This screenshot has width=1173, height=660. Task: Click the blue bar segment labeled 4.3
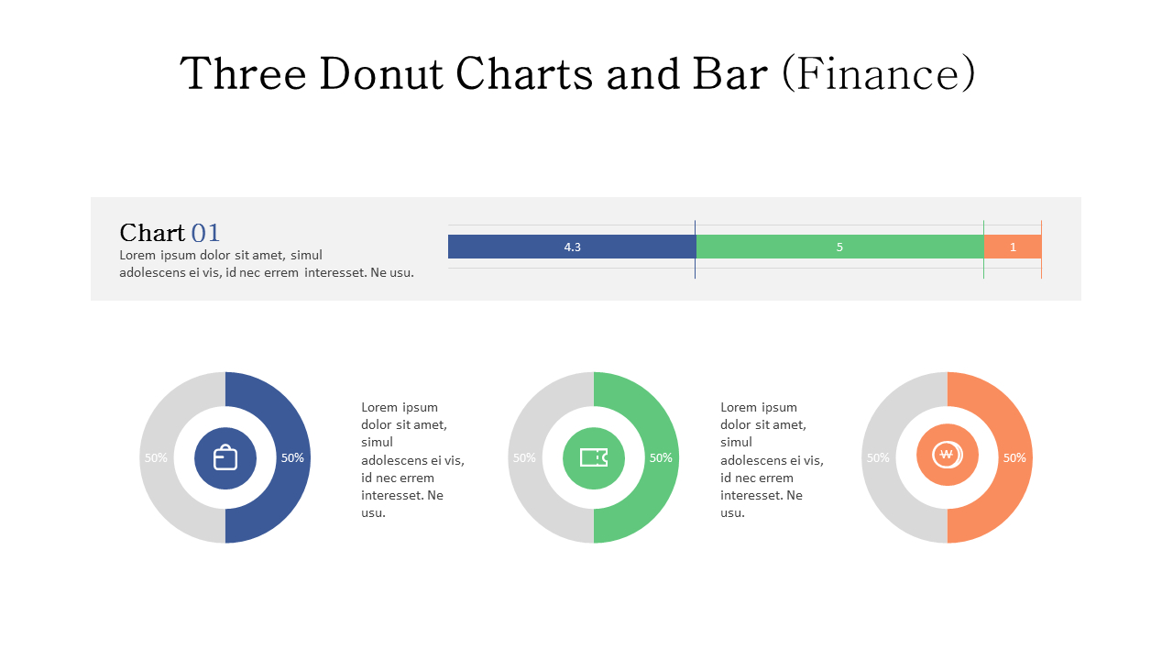(572, 247)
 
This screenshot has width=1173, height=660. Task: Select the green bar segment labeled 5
(839, 247)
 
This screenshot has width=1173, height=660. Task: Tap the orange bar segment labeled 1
(1013, 247)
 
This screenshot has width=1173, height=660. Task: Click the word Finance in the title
(879, 74)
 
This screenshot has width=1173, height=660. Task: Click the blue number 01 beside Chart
(205, 233)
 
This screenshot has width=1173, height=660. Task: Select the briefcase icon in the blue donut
(225, 457)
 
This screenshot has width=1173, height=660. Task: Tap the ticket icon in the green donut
(594, 457)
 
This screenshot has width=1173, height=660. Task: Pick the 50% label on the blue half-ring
(292, 458)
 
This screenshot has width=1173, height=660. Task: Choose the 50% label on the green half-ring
(661, 458)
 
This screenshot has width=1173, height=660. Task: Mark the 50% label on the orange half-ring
(1014, 458)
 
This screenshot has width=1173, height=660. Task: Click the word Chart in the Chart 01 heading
(152, 233)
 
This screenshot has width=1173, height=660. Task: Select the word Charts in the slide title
(524, 74)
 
